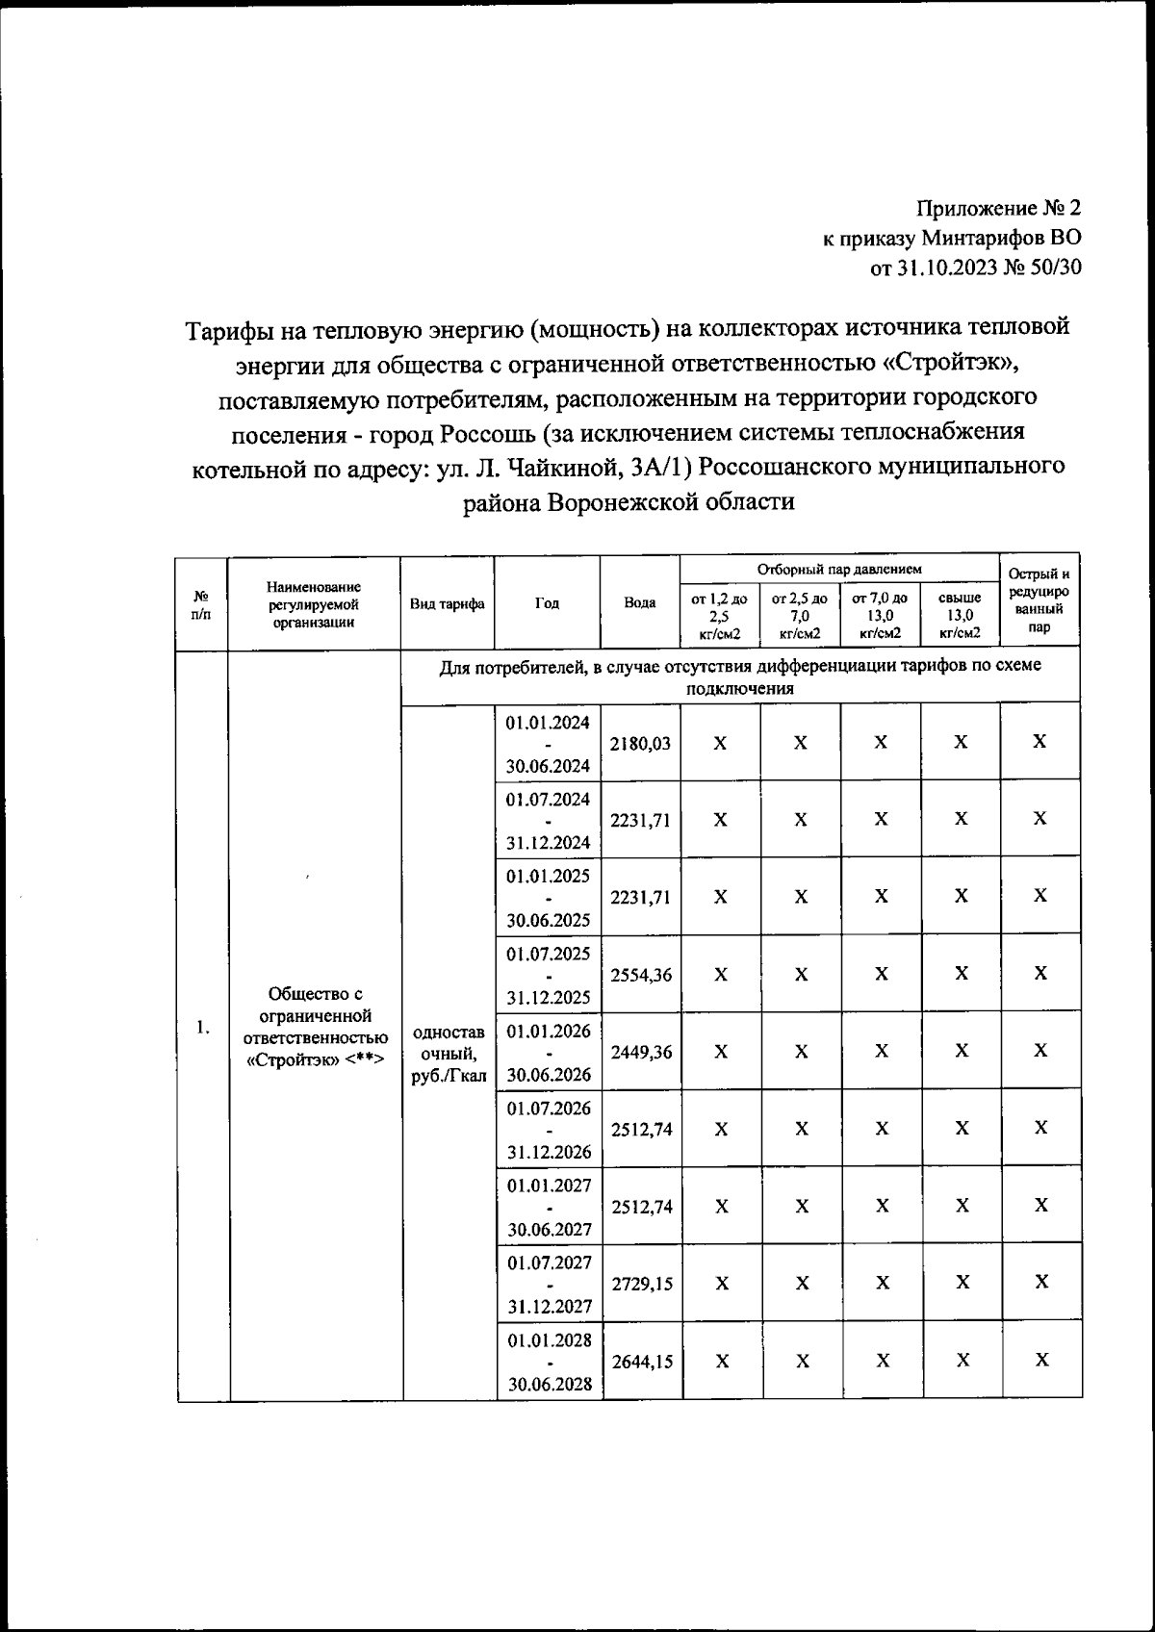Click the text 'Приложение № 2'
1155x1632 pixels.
[998, 209]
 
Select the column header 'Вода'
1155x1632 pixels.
[640, 603]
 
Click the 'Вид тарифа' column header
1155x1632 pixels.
[447, 603]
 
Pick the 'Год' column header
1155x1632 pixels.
[547, 603]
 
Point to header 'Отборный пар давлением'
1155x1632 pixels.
[838, 570]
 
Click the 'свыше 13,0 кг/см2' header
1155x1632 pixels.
[959, 615]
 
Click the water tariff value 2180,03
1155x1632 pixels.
[640, 743]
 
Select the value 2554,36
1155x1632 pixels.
[640, 975]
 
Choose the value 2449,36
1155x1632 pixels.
[640, 1052]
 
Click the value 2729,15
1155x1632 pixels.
[640, 1284]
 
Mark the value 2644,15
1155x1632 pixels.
[640, 1361]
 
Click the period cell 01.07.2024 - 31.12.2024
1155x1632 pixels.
[548, 821]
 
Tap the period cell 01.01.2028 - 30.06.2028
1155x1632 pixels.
[548, 1361]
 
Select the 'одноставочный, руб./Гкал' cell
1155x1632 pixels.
[448, 1053]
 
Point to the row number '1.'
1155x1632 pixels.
[202, 1027]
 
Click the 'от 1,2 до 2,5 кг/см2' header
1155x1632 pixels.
[719, 615]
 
